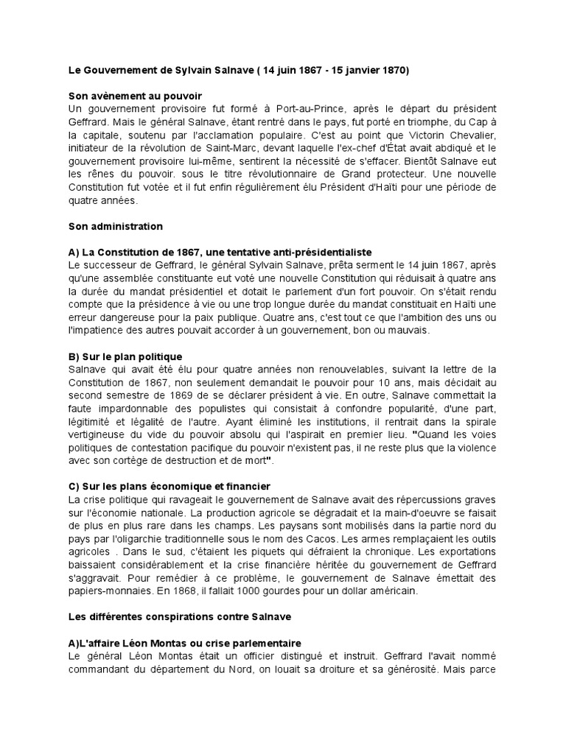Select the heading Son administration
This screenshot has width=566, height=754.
tap(115, 226)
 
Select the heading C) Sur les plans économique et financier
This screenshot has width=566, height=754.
tap(159, 487)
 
